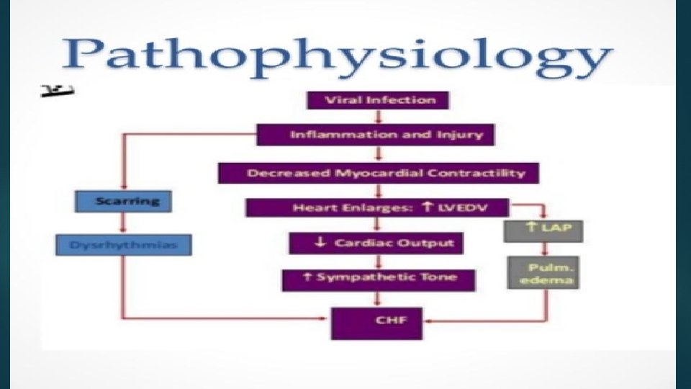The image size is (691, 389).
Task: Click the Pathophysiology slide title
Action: (338, 55)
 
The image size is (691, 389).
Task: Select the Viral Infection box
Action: (377, 99)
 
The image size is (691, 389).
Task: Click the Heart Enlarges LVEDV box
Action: (378, 207)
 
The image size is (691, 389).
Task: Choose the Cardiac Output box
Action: (376, 243)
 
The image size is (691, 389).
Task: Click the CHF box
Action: (376, 321)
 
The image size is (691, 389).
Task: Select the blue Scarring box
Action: (123, 200)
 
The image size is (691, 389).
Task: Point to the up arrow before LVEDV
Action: (427, 207)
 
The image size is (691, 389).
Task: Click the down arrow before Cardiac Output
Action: (320, 243)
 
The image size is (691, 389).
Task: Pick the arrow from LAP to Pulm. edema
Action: (544, 249)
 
